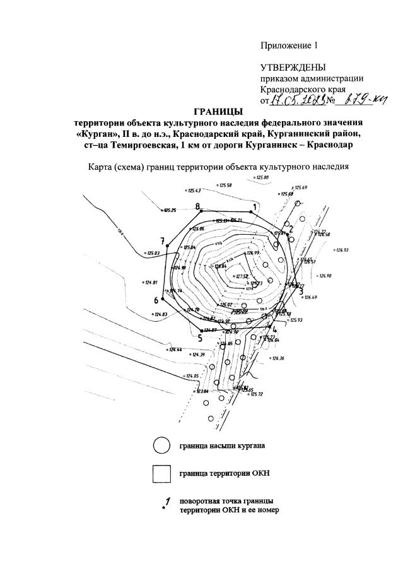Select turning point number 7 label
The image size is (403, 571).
click(x=162, y=240)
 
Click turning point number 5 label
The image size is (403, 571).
click(x=199, y=338)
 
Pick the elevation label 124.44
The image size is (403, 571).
click(x=174, y=350)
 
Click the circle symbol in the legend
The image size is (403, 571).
click(x=161, y=445)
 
